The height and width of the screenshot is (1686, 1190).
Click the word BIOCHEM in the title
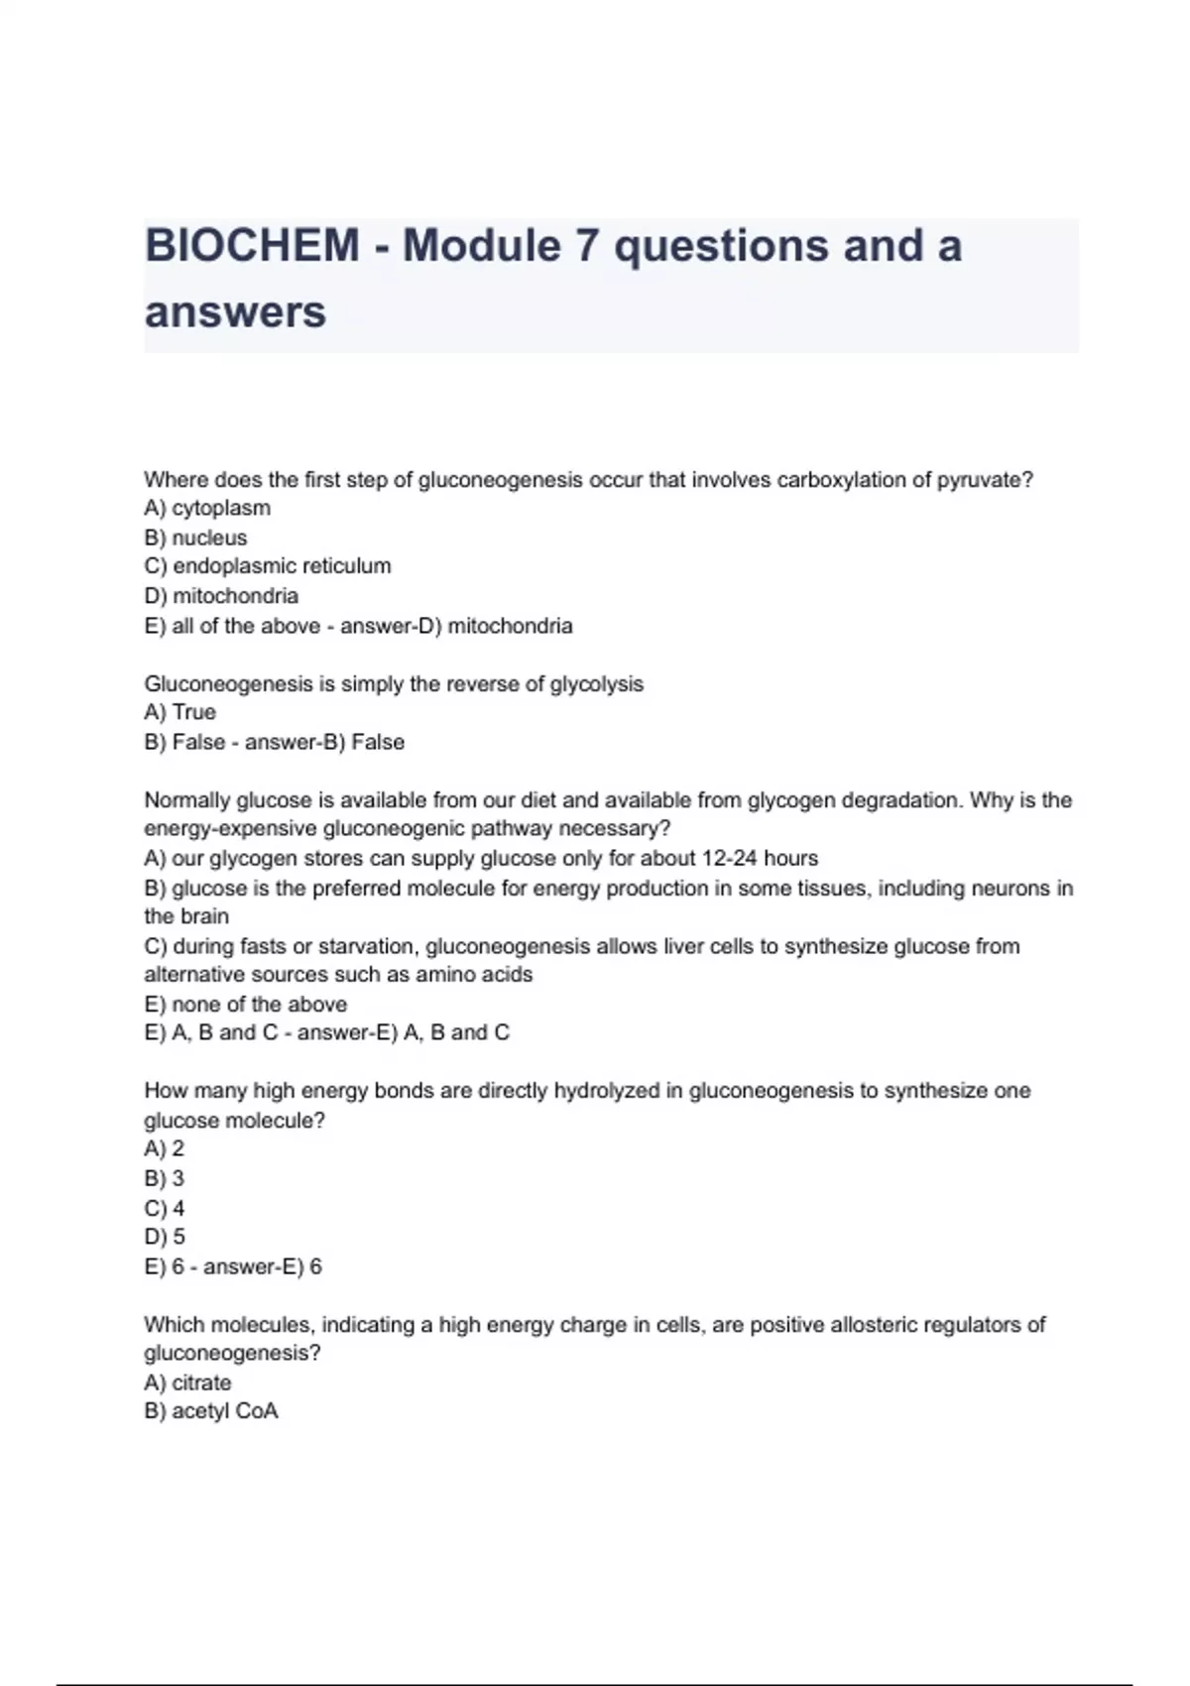coord(252,246)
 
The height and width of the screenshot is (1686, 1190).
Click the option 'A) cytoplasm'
coord(207,508)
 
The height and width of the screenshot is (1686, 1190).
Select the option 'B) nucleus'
coord(195,538)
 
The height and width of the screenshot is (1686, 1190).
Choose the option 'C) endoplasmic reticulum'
coord(268,566)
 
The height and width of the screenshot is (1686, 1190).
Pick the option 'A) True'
coord(179,712)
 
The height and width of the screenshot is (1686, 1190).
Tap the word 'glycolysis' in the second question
coord(596,684)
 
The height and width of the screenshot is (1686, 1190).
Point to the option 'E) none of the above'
coord(245,1004)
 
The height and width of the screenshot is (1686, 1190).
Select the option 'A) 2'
coord(165,1148)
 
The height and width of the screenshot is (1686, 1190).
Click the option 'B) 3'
coord(165,1178)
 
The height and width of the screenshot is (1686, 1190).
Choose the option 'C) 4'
coord(165,1208)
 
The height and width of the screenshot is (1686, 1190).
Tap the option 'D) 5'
coord(165,1237)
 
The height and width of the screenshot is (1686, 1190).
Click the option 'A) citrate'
coord(187,1383)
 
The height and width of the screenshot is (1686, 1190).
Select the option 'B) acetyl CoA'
coord(211,1411)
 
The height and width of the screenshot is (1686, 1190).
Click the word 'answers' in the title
coord(235,312)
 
